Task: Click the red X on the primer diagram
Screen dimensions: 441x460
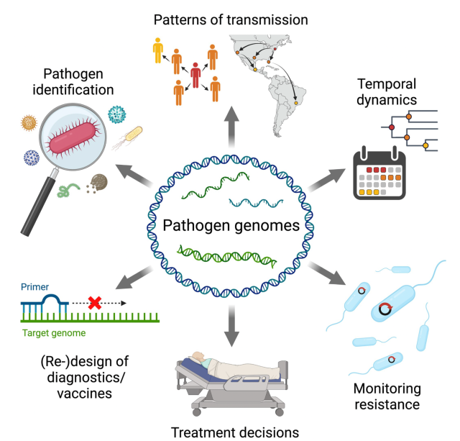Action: click(x=94, y=302)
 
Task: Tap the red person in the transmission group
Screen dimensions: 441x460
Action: click(x=195, y=75)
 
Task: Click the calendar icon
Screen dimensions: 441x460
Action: click(x=380, y=173)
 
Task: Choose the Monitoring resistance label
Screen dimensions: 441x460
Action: click(x=387, y=395)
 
